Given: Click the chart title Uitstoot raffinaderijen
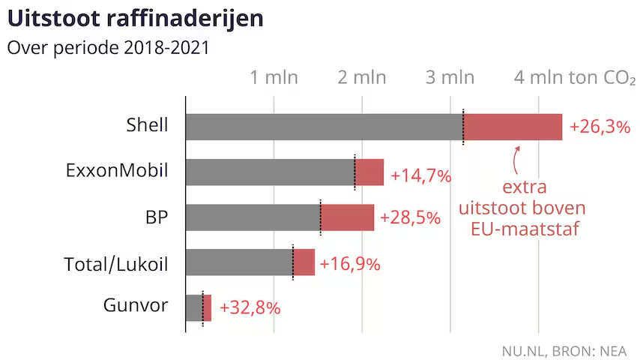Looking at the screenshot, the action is (136, 19).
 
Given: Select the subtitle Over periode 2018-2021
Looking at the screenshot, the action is (108, 48).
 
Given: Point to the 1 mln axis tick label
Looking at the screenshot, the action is (274, 77).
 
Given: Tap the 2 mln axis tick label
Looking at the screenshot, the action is (362, 77).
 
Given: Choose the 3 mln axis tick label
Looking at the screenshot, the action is (450, 77).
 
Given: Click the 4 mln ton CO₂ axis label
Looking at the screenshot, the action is (575, 78).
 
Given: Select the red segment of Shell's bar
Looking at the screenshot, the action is (513, 127).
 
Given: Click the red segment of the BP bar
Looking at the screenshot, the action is (347, 217).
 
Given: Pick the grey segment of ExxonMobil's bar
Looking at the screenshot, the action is (271, 172).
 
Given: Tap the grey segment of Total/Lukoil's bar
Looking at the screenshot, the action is (239, 262).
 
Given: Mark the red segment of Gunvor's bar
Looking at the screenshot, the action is (208, 307).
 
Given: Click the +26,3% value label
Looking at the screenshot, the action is (600, 127).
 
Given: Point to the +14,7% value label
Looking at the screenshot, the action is (421, 175).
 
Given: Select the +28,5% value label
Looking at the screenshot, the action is (410, 217).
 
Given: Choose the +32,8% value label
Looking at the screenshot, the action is (250, 307).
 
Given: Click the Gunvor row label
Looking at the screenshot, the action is (136, 305).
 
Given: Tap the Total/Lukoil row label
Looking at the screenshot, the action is (116, 264).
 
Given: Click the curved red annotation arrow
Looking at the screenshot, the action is (515, 160).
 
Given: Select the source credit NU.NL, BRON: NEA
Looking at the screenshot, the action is (564, 351).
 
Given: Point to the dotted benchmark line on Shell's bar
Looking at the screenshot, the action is (463, 127).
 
